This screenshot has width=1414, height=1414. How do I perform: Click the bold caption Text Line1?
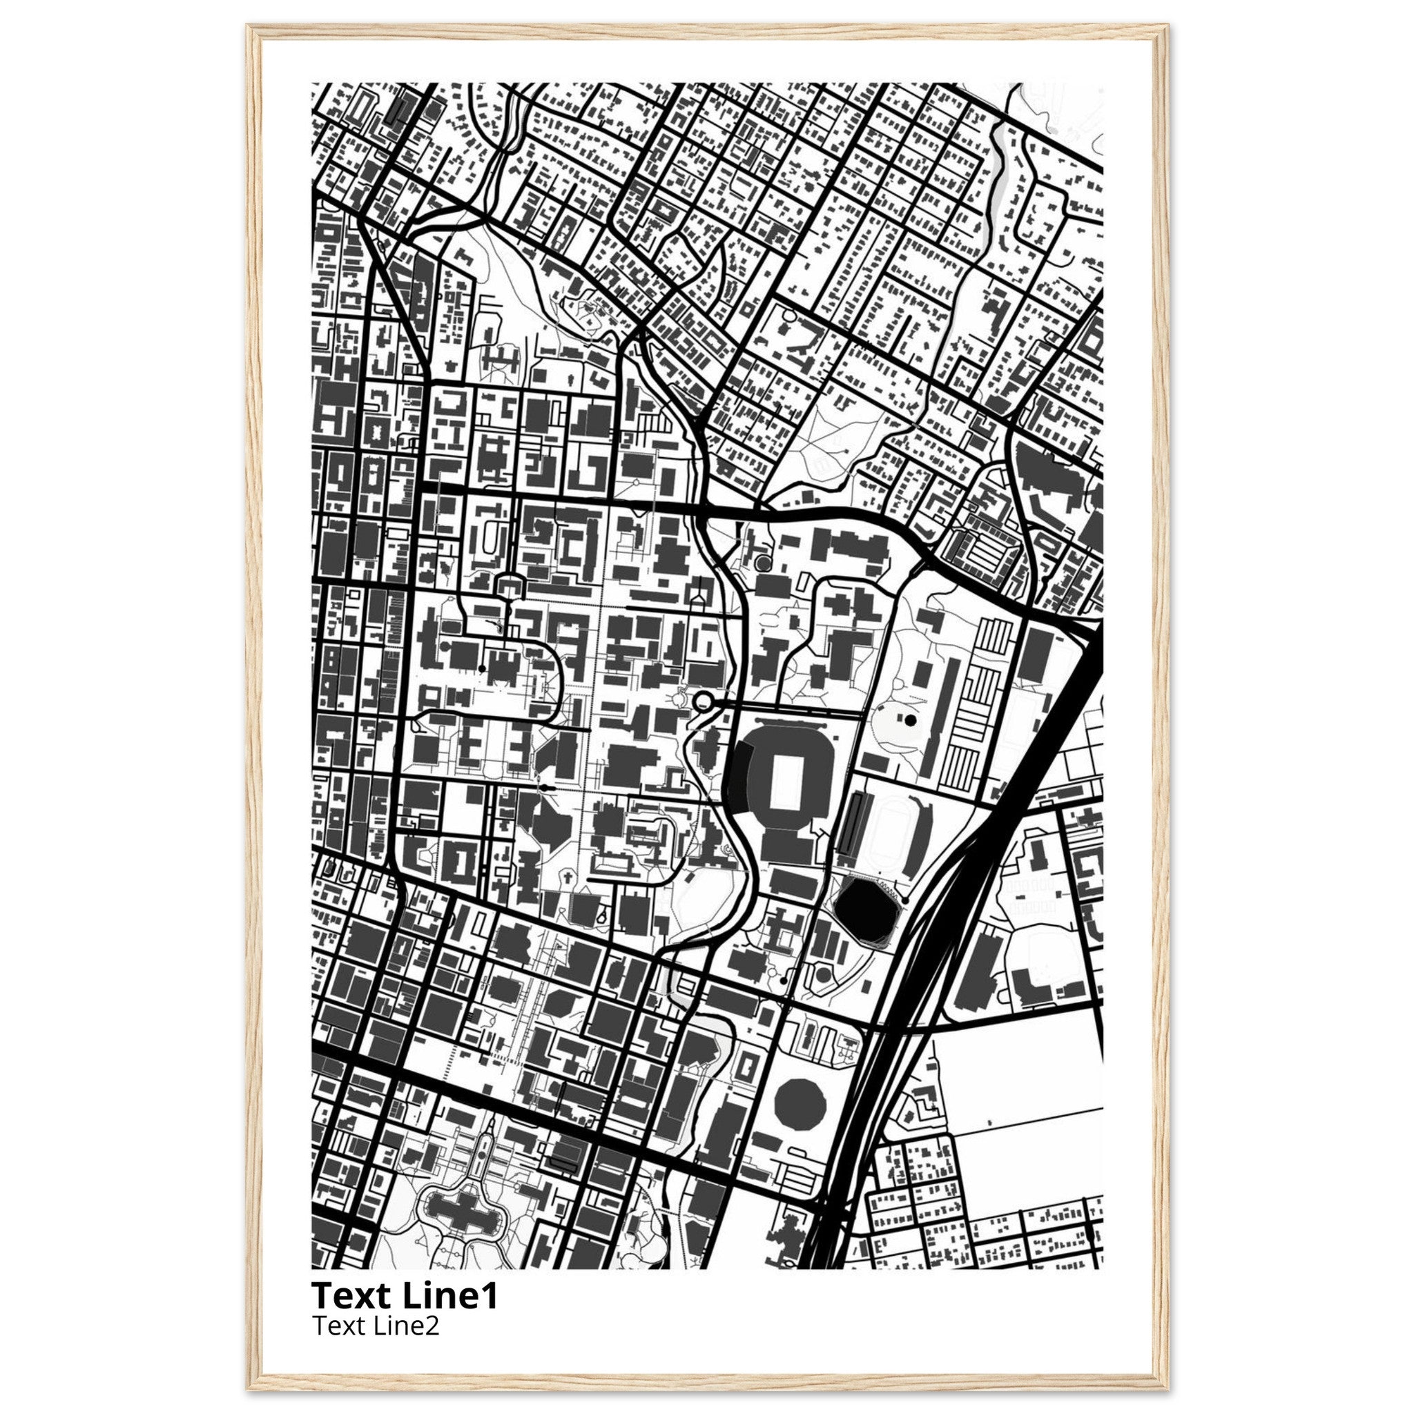[405, 1295]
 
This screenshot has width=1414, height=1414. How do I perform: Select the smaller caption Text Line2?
[376, 1326]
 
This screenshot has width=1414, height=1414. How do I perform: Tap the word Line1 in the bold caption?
[450, 1295]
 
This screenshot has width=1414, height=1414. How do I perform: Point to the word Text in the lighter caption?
[338, 1326]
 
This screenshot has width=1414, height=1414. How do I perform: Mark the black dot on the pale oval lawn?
[911, 720]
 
